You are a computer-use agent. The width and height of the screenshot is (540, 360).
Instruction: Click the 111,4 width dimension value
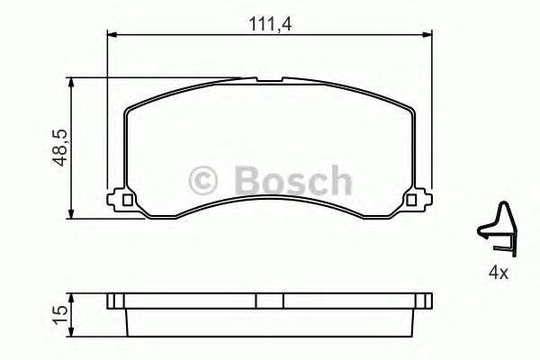click(x=267, y=24)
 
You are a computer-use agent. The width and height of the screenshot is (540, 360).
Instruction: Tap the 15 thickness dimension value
click(x=59, y=314)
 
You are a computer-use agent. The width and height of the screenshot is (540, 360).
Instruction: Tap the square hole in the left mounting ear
click(x=126, y=200)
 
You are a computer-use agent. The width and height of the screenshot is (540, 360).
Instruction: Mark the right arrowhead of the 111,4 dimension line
click(x=425, y=35)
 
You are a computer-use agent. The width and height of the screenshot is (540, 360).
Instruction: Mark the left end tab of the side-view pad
click(x=112, y=301)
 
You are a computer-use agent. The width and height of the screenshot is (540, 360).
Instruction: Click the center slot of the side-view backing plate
click(x=267, y=301)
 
